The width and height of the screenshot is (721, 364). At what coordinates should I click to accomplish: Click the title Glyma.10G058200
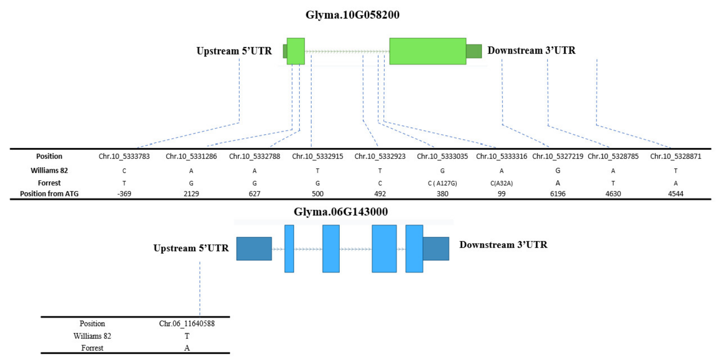tap(352, 15)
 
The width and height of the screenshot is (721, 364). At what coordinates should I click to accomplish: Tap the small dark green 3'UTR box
tap(474, 51)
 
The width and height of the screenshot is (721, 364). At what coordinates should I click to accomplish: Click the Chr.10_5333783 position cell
tap(124, 156)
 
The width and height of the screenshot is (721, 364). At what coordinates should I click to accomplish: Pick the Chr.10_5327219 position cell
tap(558, 156)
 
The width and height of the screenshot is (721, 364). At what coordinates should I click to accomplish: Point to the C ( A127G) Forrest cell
tap(442, 183)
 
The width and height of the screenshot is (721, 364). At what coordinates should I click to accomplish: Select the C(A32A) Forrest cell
tap(501, 183)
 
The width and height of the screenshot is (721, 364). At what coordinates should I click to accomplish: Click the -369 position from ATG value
tap(124, 194)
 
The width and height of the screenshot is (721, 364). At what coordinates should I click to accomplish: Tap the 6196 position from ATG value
tap(558, 194)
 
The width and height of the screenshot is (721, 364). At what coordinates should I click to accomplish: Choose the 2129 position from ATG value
tap(191, 194)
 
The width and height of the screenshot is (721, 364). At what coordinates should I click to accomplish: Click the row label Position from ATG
tap(49, 194)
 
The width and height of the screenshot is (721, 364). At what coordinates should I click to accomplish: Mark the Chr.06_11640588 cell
tap(187, 323)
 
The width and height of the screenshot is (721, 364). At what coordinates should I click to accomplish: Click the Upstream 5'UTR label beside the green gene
tap(234, 51)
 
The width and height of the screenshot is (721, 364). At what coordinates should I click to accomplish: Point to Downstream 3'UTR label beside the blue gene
tap(503, 245)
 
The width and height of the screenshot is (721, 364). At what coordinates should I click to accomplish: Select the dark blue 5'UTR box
tap(254, 249)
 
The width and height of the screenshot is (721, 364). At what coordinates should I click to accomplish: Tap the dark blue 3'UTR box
tap(436, 249)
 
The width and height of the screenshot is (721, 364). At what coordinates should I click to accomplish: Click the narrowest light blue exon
tap(289, 249)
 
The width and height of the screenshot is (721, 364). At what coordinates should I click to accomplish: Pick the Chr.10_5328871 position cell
tap(675, 156)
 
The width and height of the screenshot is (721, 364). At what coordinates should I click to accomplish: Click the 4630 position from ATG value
tap(613, 194)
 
